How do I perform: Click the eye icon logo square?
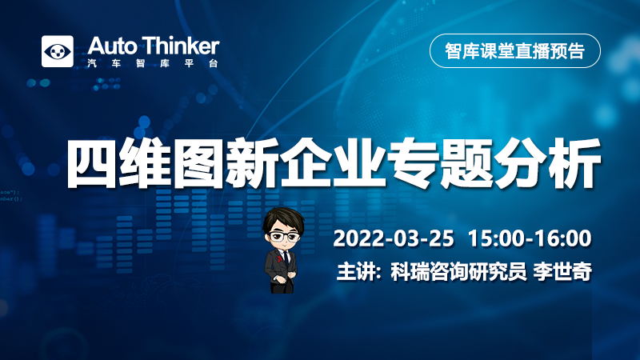(x=58, y=51)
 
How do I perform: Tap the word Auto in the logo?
(x=111, y=46)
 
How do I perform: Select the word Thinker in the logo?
(x=182, y=46)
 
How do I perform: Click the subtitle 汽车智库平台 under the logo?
(x=153, y=63)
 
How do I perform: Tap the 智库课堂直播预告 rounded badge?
(x=515, y=50)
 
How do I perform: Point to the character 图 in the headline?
(x=198, y=163)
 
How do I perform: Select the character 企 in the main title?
(x=306, y=163)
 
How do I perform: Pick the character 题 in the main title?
(x=466, y=163)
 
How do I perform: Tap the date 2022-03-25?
(x=394, y=238)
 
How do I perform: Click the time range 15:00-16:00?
(x=530, y=238)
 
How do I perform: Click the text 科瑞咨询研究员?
(x=458, y=271)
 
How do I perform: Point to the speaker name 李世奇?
(x=562, y=271)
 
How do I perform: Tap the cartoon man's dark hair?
(x=283, y=219)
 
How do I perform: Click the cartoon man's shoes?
(x=282, y=290)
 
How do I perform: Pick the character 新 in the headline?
(x=252, y=163)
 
